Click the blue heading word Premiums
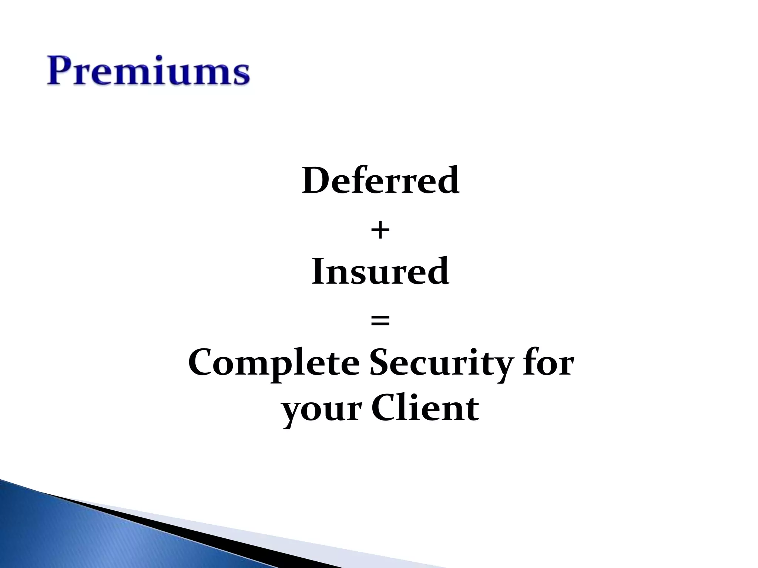pos(148,71)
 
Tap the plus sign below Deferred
pos(380,231)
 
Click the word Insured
pos(380,272)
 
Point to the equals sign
pos(380,321)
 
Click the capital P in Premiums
pos(60,71)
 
